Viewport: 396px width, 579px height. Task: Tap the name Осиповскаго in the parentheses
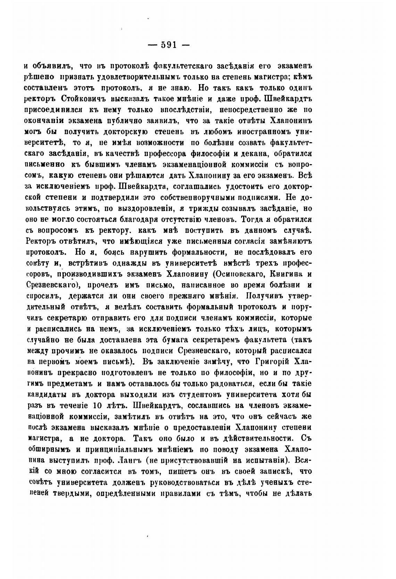(236, 274)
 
